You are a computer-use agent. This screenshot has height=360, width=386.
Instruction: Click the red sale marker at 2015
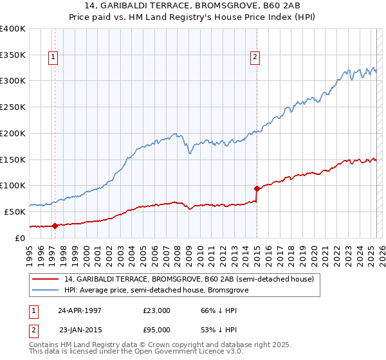click(x=257, y=188)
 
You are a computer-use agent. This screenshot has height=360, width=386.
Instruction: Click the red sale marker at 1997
click(x=55, y=226)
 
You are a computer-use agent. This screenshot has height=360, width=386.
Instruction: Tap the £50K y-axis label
click(x=15, y=212)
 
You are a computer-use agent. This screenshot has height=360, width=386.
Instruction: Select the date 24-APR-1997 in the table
click(x=79, y=310)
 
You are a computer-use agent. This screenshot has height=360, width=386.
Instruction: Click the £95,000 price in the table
click(x=156, y=330)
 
